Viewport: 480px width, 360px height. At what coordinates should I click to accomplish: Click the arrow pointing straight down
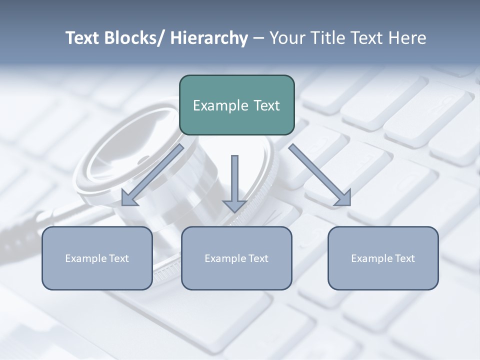pyautogui.click(x=234, y=182)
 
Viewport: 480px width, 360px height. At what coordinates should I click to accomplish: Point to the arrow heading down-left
pyautogui.click(x=152, y=175)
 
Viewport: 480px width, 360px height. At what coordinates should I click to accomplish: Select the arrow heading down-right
pyautogui.click(x=320, y=175)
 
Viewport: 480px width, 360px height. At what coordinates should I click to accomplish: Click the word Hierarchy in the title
pyautogui.click(x=209, y=38)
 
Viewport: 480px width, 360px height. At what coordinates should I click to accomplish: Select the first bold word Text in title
pyautogui.click(x=83, y=38)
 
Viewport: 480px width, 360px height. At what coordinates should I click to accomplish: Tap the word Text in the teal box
pyautogui.click(x=266, y=105)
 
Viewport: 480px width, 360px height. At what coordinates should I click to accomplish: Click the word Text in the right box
pyautogui.click(x=404, y=258)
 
